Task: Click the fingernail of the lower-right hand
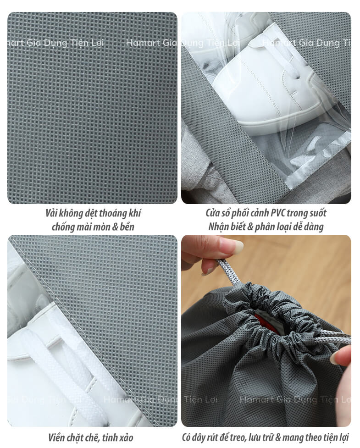click(x=334, y=359)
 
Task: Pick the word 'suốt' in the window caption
click(x=317, y=213)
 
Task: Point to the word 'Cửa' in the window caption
click(x=212, y=213)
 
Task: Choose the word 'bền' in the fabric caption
click(x=127, y=227)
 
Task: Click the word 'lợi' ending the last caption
click(x=344, y=437)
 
